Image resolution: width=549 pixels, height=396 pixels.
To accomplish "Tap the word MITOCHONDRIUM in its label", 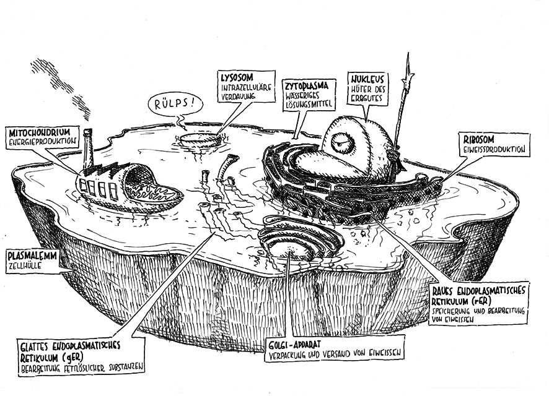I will coord(44,132).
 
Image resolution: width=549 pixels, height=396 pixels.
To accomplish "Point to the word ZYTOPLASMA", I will coord(306,84).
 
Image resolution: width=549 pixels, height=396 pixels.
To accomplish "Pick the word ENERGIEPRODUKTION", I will coord(42,142).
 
